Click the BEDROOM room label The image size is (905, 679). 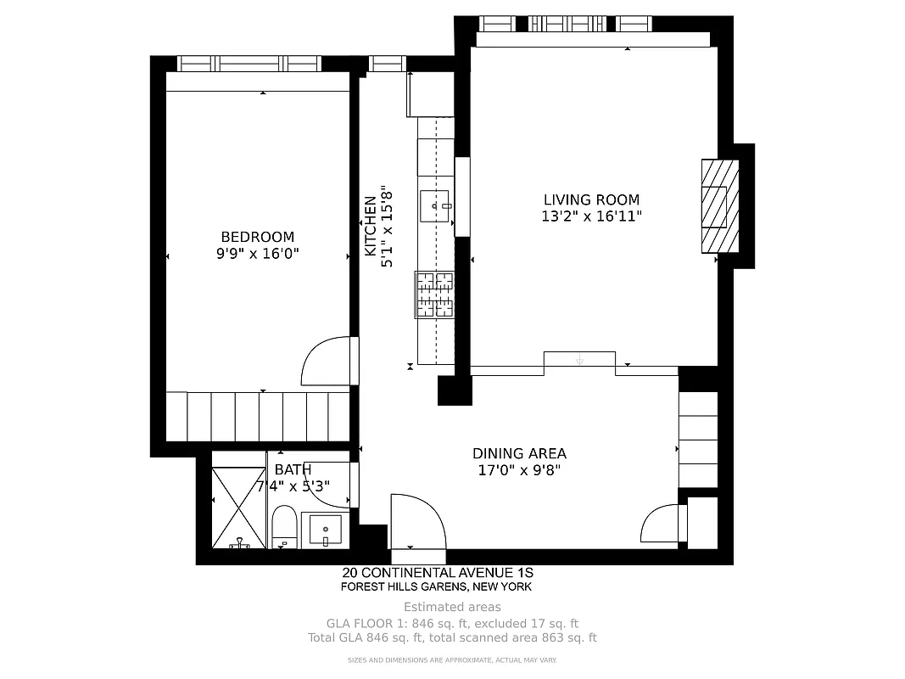257,237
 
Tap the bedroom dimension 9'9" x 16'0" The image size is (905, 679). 257,253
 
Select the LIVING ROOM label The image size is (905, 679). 591,199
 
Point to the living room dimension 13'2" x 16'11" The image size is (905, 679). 591,216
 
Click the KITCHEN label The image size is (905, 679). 371,227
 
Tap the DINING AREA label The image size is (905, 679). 519,453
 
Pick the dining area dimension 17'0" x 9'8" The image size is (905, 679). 519,469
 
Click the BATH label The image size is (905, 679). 293,469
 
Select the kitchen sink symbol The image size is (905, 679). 436,205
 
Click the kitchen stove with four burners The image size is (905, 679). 434,295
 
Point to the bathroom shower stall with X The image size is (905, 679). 238,507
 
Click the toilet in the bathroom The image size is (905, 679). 285,527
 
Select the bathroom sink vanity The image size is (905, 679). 325,530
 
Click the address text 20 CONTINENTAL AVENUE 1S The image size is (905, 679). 437,573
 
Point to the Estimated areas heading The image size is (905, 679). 452,607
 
